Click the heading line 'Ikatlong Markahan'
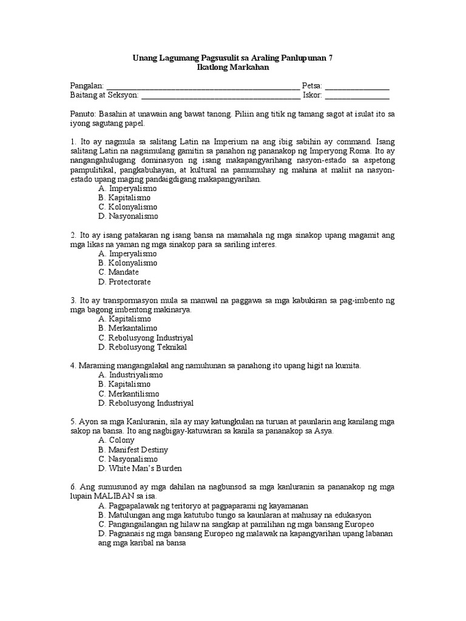pyautogui.click(x=233, y=68)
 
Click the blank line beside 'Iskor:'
pyautogui.click(x=357, y=96)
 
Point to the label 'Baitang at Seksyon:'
pyautogui.click(x=104, y=96)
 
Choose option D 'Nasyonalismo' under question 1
pyautogui.click(x=128, y=216)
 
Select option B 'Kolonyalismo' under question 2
pyautogui.click(x=127, y=263)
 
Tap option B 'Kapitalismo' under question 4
pyautogui.click(x=124, y=384)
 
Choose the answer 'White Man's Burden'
pyautogui.click(x=140, y=468)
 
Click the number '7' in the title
pyautogui.click(x=330, y=58)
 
